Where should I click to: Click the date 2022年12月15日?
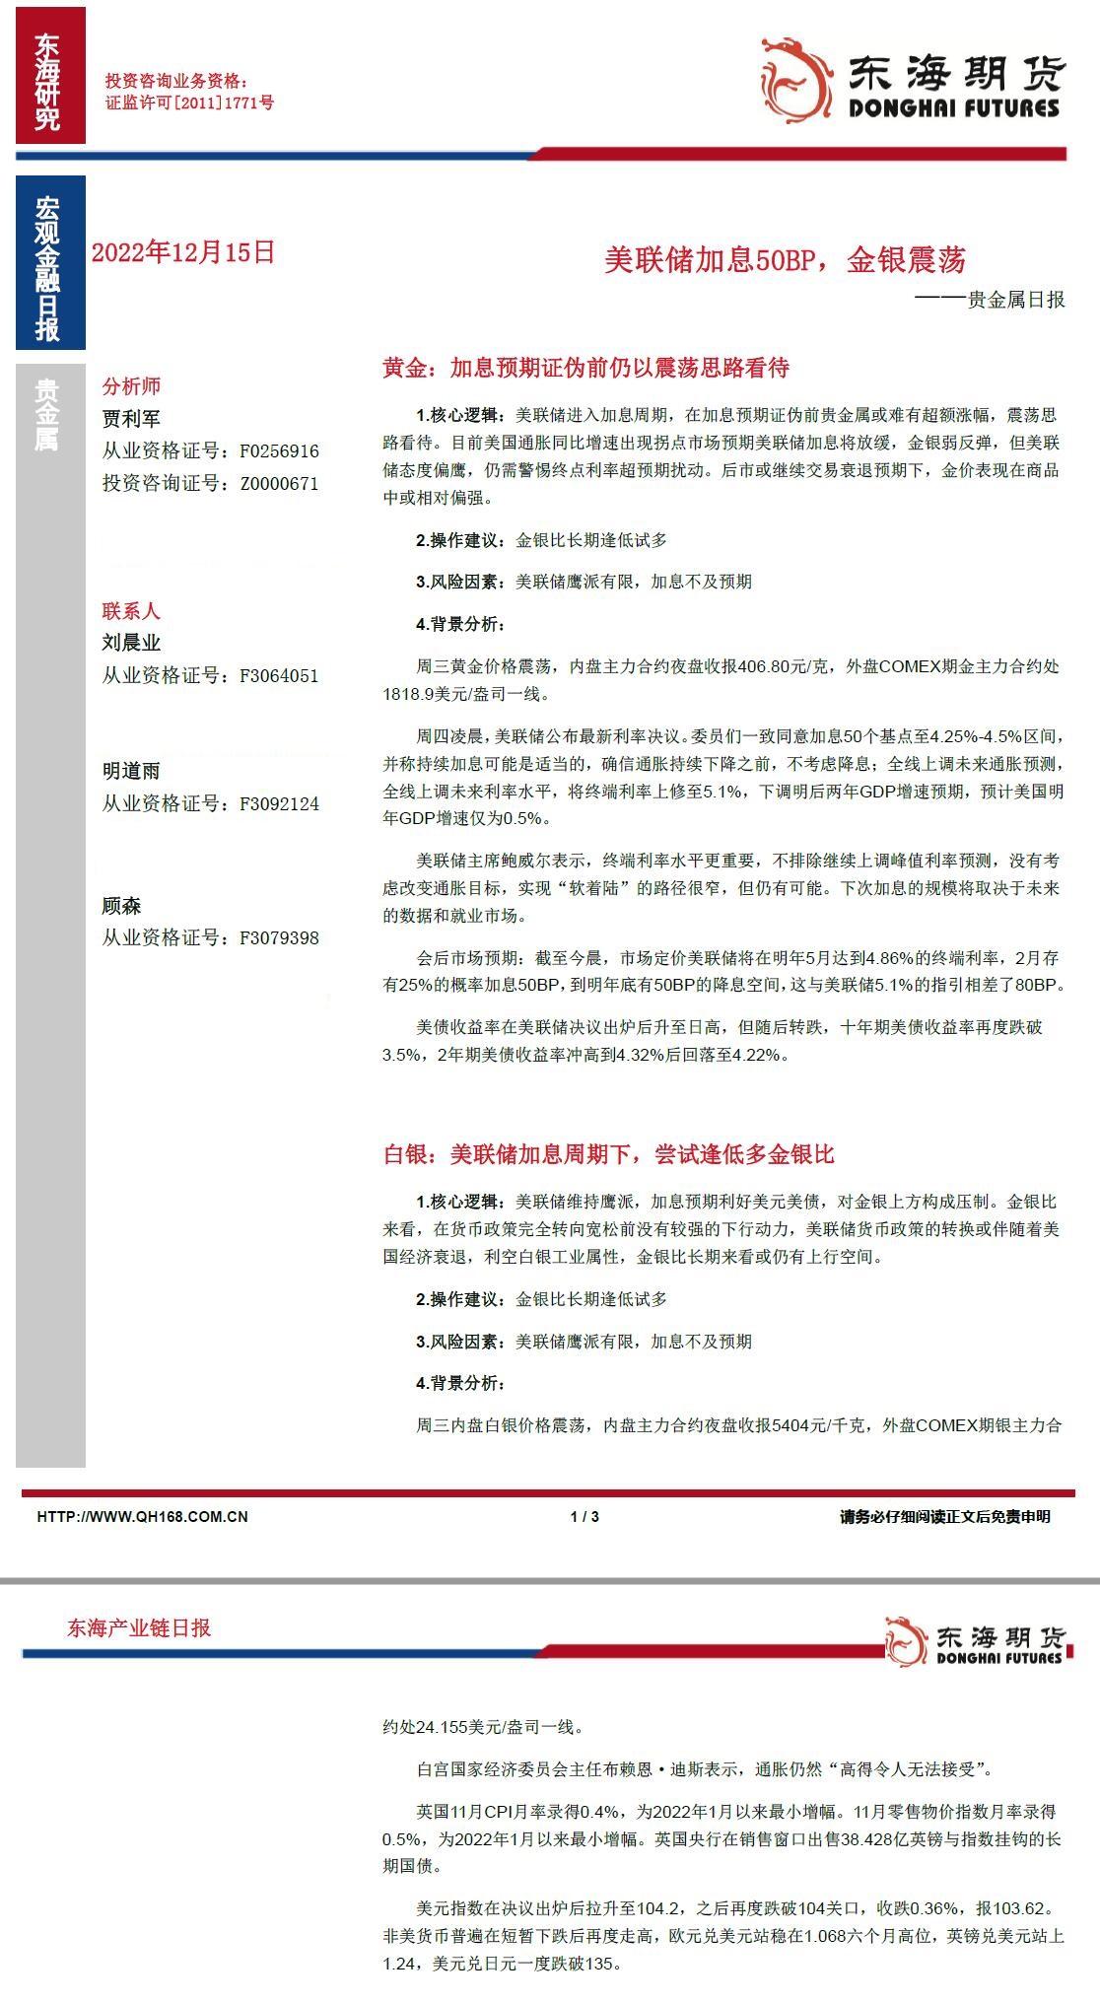(182, 252)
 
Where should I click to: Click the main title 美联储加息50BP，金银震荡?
(785, 260)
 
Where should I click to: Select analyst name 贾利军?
(131, 419)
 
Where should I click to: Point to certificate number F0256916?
(279, 451)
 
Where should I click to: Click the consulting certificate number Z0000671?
(279, 484)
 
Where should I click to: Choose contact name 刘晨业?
(131, 643)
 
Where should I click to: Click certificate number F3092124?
(279, 804)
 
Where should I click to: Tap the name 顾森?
(121, 906)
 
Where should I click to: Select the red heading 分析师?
(131, 386)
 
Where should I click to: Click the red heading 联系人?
(131, 611)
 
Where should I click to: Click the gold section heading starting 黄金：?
(585, 369)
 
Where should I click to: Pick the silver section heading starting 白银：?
(608, 1154)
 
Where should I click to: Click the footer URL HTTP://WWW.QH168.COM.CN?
(142, 1517)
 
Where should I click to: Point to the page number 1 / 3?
(584, 1517)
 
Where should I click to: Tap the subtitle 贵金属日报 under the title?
(1015, 300)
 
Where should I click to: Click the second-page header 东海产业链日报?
(139, 1628)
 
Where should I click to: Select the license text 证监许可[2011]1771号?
(189, 102)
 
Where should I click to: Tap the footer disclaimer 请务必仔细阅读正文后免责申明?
(944, 1517)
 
